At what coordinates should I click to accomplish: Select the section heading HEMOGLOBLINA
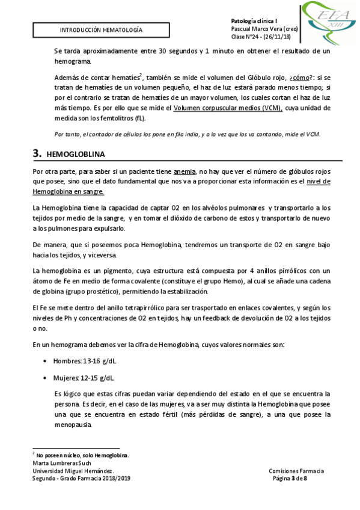point(72,154)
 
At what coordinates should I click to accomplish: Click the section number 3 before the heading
point(37,153)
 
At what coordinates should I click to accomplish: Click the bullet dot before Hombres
point(47,361)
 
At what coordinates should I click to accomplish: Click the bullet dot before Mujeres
point(47,378)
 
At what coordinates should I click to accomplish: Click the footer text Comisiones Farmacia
point(296,471)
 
